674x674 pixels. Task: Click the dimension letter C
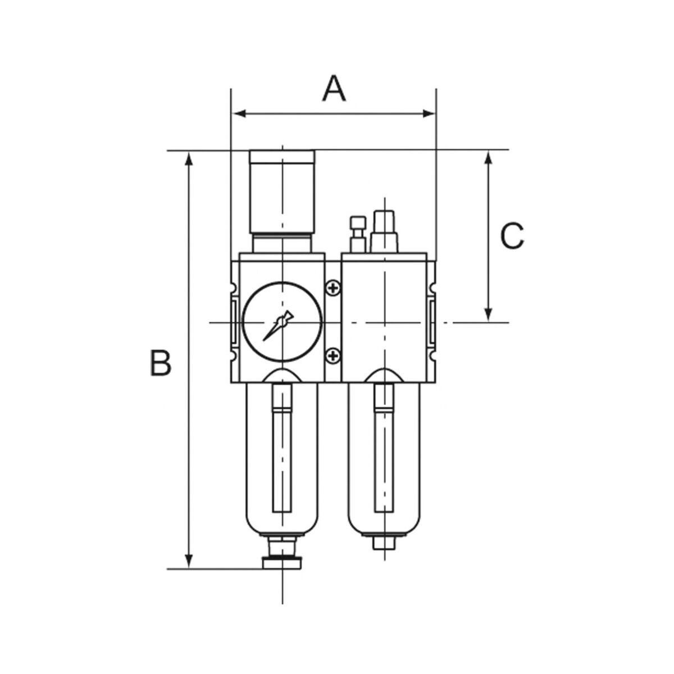512,236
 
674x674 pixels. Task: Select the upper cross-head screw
333,289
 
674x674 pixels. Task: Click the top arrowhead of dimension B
189,159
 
